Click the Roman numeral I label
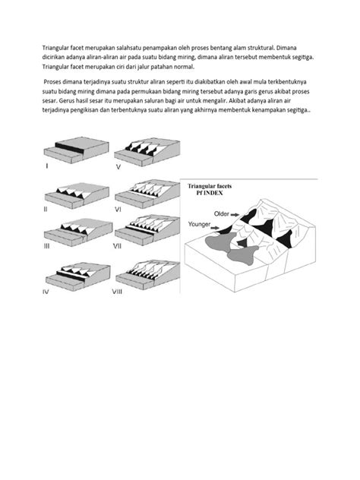(47, 165)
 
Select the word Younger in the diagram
(201, 224)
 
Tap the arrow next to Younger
(227, 226)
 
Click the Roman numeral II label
(46, 207)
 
